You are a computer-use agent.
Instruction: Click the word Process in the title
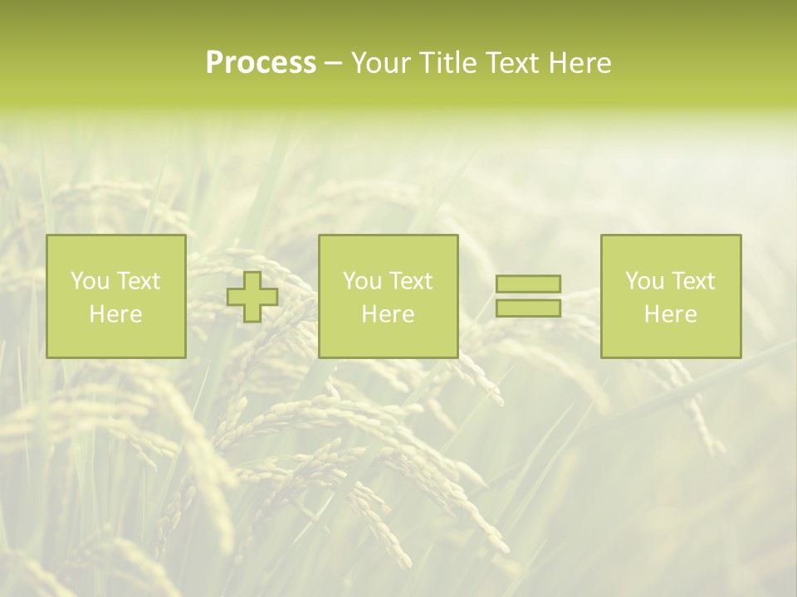[x=261, y=63]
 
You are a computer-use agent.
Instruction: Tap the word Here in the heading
[x=579, y=63]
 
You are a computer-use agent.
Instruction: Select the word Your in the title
[x=382, y=63]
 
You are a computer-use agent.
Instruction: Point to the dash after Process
[x=334, y=64]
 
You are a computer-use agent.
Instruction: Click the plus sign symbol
[x=252, y=297]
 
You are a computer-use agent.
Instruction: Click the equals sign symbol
[x=528, y=296]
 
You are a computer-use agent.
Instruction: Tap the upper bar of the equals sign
[x=528, y=284]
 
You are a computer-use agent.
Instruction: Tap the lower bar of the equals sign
[x=528, y=308]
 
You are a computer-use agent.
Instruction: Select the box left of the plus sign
[x=116, y=297]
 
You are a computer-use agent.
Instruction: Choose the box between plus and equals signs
[x=388, y=297]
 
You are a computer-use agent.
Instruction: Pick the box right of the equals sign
[x=671, y=297]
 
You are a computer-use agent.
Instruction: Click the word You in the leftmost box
[x=90, y=281]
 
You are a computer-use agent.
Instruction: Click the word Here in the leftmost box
[x=115, y=314]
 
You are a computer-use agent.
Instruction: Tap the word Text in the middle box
[x=411, y=281]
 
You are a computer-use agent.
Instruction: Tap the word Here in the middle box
[x=388, y=314]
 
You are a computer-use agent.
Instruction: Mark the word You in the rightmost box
[x=644, y=281]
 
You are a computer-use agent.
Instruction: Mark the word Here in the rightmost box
[x=670, y=314]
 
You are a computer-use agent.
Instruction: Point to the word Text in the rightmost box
[x=693, y=281]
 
